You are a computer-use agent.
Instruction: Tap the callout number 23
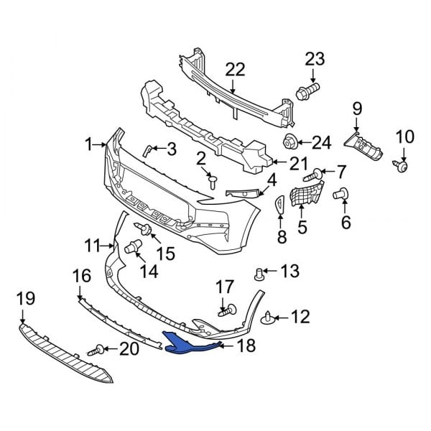[315, 59]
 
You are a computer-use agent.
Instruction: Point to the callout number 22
[235, 70]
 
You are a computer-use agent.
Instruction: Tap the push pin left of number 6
[340, 193]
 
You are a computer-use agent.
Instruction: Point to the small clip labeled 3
[147, 150]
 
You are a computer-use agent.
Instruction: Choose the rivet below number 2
[213, 182]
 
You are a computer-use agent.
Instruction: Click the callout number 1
[89, 145]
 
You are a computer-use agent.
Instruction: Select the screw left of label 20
[96, 351]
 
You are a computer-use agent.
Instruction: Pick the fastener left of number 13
[260, 273]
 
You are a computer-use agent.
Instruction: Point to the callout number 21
[298, 163]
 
